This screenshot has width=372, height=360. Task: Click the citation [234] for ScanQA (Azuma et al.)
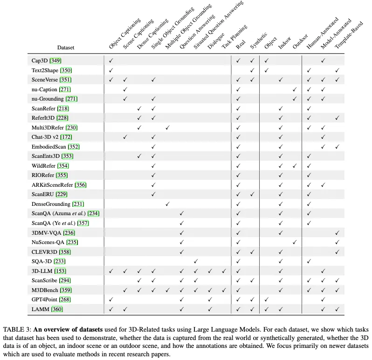[x=93, y=214]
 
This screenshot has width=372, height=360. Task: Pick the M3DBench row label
[x=44, y=290]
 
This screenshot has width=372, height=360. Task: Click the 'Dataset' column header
[x=66, y=48]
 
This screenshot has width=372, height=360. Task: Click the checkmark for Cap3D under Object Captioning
[x=111, y=61]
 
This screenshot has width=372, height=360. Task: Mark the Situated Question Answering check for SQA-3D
[x=196, y=261]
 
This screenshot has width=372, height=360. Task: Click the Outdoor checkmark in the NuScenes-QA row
[x=294, y=242]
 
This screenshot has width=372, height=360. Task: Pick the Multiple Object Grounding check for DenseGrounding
[x=167, y=204]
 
